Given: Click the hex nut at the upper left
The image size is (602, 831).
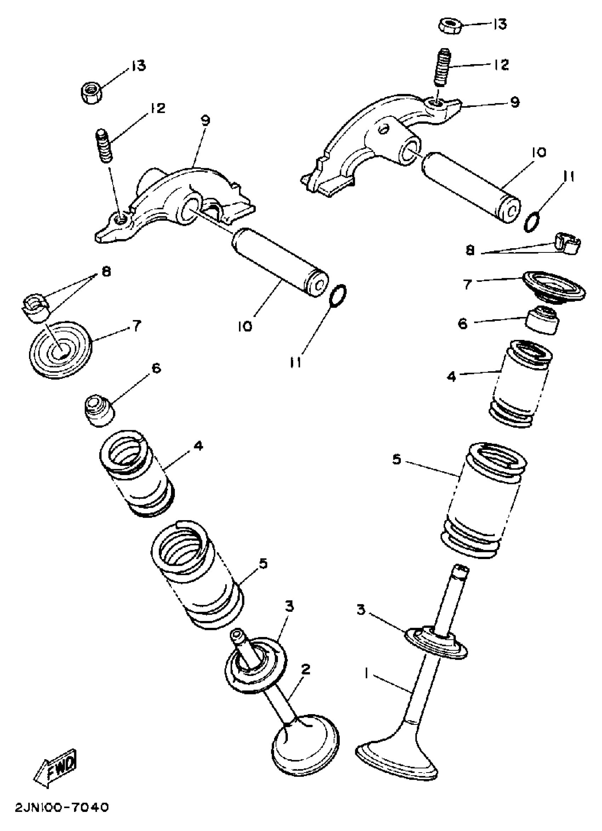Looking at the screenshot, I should [x=91, y=93].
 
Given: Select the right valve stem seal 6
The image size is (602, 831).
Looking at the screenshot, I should [x=543, y=320].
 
